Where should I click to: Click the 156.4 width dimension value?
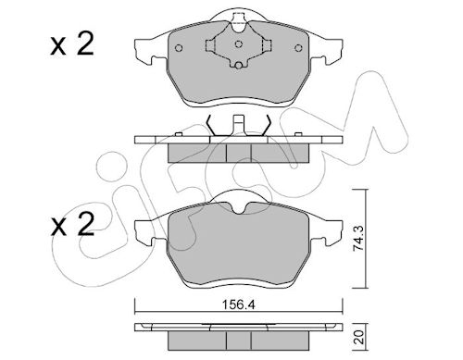tap(238, 305)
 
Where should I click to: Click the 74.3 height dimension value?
tap(358, 239)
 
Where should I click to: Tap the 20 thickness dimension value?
tap(359, 337)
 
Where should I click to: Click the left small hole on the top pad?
tap(179, 48)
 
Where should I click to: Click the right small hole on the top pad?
tap(298, 48)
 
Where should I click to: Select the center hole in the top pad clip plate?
tap(238, 43)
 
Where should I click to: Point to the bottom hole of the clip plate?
tap(238, 66)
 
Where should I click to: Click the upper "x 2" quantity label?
tap(72, 45)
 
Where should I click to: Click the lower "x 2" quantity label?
tap(72, 224)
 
